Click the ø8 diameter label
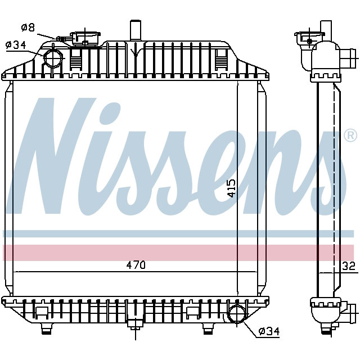[x=28, y=26]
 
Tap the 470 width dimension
[x=135, y=265]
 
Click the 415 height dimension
[x=231, y=188]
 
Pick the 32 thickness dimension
[x=349, y=266]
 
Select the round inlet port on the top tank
[x=53, y=58]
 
